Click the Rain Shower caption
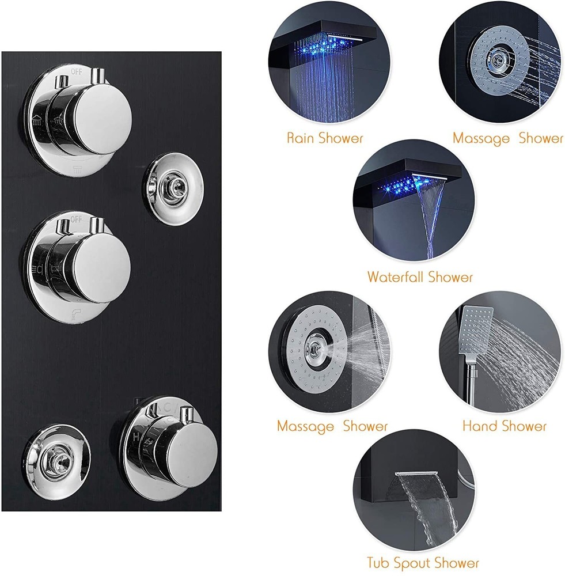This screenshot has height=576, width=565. [325, 138]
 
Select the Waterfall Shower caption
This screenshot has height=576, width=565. [420, 277]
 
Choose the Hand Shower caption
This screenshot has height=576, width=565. [504, 426]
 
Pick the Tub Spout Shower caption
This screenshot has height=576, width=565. [423, 562]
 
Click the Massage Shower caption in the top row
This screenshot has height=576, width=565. [507, 138]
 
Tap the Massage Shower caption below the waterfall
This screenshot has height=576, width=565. [332, 426]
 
